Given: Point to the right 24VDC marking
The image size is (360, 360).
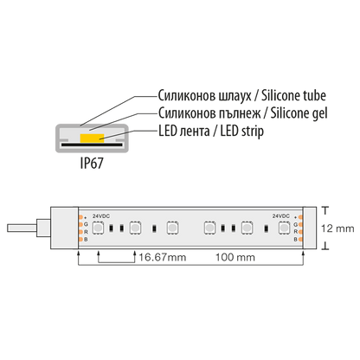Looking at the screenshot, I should [281, 215].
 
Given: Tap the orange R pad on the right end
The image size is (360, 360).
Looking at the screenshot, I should [299, 233].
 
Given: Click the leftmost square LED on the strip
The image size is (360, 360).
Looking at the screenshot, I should [101, 228].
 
